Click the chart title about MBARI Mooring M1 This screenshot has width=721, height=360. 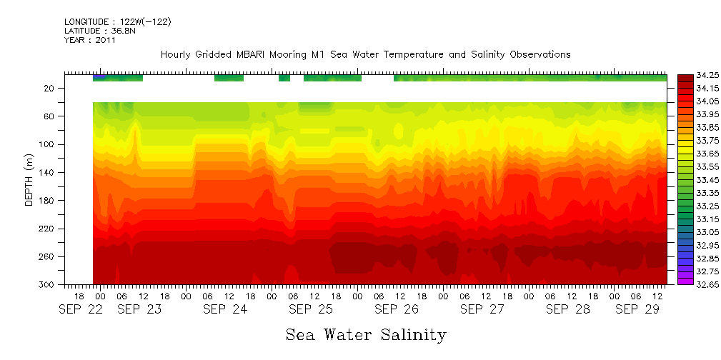pyautogui.click(x=365, y=55)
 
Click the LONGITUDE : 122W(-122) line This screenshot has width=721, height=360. pyautogui.click(x=117, y=22)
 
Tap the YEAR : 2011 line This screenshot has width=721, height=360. pyautogui.click(x=90, y=41)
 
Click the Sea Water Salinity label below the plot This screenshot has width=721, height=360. pyautogui.click(x=366, y=335)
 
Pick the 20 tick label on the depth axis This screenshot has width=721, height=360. pyautogui.click(x=50, y=89)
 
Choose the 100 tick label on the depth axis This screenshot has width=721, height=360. pyautogui.click(x=48, y=145)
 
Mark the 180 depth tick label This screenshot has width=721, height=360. pyautogui.click(x=48, y=201)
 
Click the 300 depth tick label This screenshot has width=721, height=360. pyautogui.click(x=48, y=285)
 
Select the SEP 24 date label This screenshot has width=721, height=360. pyautogui.click(x=225, y=310)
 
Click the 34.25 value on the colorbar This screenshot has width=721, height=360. pyautogui.click(x=700, y=76)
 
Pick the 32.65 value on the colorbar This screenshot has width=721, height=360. pyautogui.click(x=700, y=285)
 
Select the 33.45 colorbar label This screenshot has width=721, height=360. pyautogui.click(x=700, y=180)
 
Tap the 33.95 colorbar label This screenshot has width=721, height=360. pyautogui.click(x=700, y=115)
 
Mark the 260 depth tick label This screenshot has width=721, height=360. pyautogui.click(x=48, y=257)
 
